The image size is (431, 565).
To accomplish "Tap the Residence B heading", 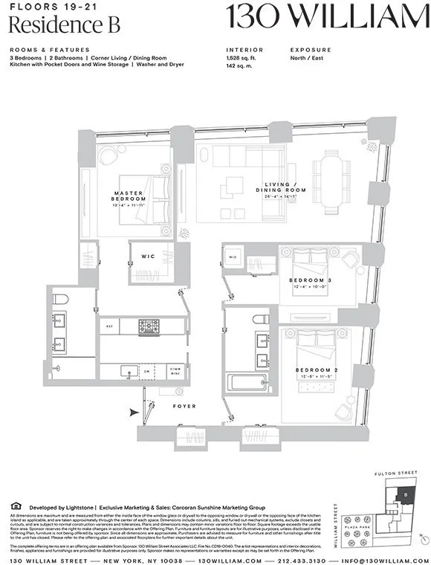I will coord(45,25).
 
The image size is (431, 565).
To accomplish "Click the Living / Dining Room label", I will coord(285,190).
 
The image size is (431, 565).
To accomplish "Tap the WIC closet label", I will coord(148,257).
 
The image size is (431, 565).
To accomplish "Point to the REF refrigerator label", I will coord(108,326).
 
